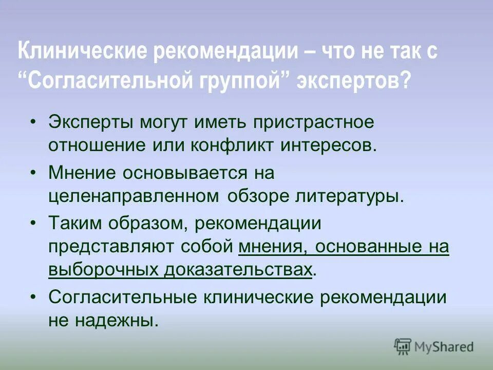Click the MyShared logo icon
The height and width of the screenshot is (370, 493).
tap(403, 346)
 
